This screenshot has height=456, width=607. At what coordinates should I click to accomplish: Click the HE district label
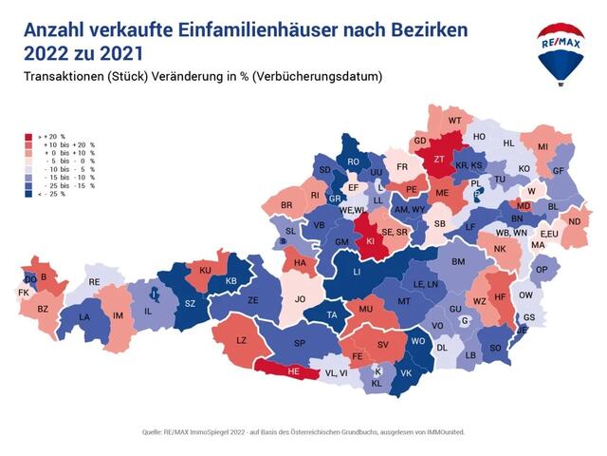pyautogui.click(x=295, y=371)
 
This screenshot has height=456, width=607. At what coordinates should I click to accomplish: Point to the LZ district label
pyautogui.click(x=241, y=340)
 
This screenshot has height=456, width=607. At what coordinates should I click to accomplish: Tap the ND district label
pyautogui.click(x=574, y=222)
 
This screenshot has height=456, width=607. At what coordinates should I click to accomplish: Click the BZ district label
pyautogui.click(x=43, y=309)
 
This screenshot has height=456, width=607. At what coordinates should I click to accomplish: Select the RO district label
pyautogui.click(x=353, y=162)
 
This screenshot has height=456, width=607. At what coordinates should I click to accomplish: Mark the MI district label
pyautogui.click(x=543, y=146)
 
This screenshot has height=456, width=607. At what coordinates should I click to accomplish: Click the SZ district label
pyautogui.click(x=190, y=303)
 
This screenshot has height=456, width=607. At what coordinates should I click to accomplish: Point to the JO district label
pyautogui.click(x=300, y=299)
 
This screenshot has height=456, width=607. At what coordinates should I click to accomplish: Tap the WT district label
pyautogui.click(x=454, y=121)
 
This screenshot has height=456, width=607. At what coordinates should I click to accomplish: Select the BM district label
pyautogui.click(x=459, y=261)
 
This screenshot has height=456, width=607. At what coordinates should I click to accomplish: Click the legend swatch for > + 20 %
pyautogui.click(x=29, y=137)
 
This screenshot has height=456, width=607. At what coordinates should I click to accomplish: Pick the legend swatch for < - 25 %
pyautogui.click(x=29, y=193)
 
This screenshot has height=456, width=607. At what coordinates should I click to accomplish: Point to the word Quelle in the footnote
pyautogui.click(x=153, y=431)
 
